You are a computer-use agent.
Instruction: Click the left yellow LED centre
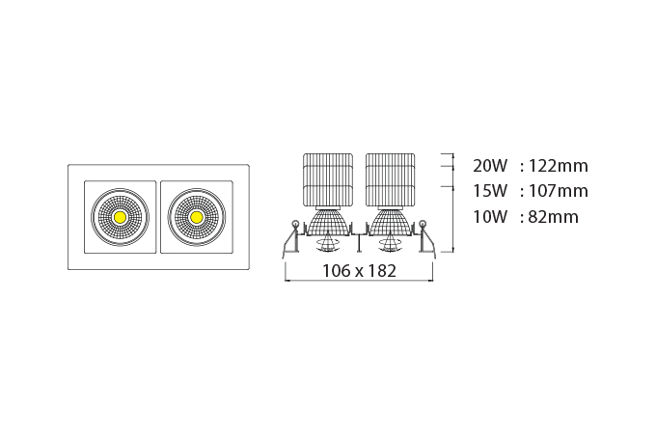(120, 217)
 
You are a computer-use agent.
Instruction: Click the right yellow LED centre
(196, 217)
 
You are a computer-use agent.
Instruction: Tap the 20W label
(490, 166)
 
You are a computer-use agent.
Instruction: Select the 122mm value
(559, 166)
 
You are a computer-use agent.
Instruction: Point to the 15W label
(490, 191)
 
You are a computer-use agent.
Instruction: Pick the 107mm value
(559, 191)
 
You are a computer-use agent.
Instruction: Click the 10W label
(490, 217)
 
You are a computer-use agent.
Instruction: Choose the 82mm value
(554, 217)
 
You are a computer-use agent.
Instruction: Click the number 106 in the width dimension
(337, 271)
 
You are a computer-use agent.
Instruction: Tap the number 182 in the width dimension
(382, 271)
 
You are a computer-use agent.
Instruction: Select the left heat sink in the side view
(328, 180)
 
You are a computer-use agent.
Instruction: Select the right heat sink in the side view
(391, 180)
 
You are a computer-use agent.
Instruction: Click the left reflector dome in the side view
(328, 222)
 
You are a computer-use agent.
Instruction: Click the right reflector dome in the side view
(391, 222)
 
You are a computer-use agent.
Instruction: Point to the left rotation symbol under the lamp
(328, 244)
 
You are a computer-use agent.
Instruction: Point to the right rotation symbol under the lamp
(390, 244)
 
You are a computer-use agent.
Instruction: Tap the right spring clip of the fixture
(426, 236)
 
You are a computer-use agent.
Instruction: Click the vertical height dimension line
(453, 203)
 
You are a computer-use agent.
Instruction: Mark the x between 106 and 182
(359, 272)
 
